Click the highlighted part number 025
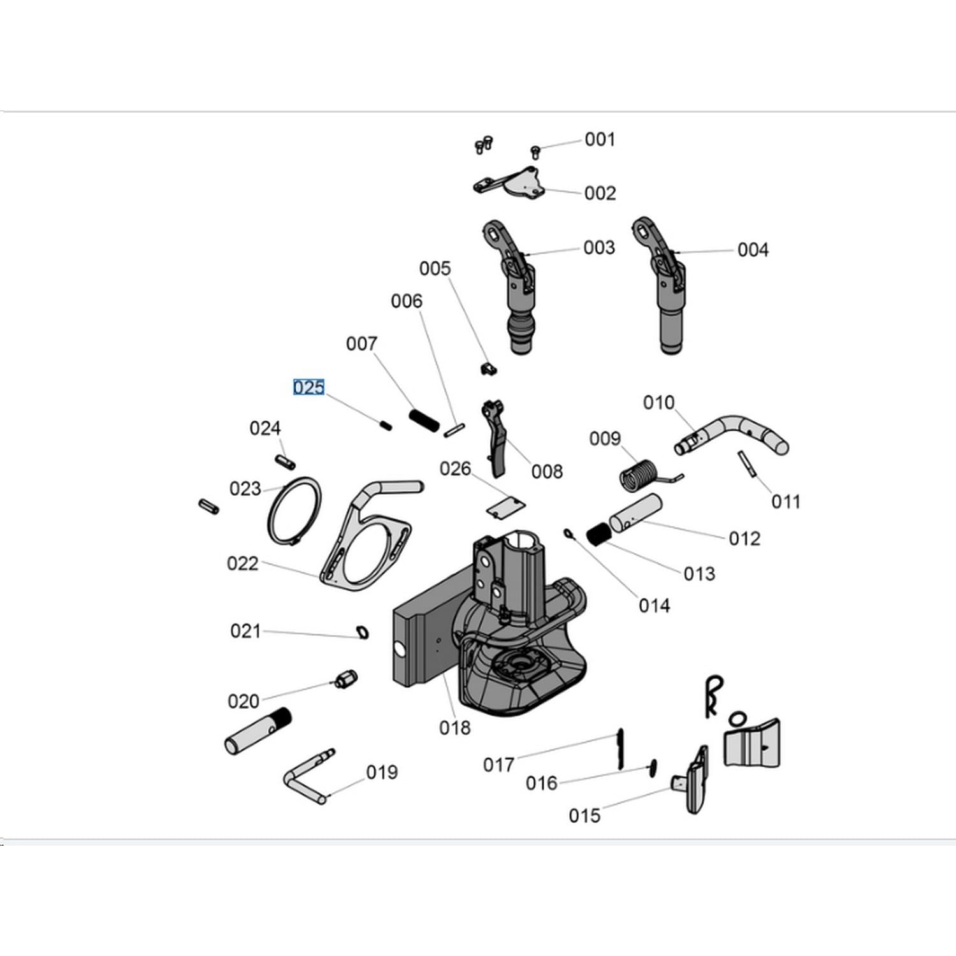pos(308,387)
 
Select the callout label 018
pos(454,727)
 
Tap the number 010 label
pos(658,403)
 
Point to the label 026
pos(455,469)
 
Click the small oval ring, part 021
pos(363,632)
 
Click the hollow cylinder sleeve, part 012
pos(636,514)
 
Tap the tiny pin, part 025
pos(386,424)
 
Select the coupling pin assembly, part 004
pos(663,286)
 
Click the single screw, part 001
pos(535,152)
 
